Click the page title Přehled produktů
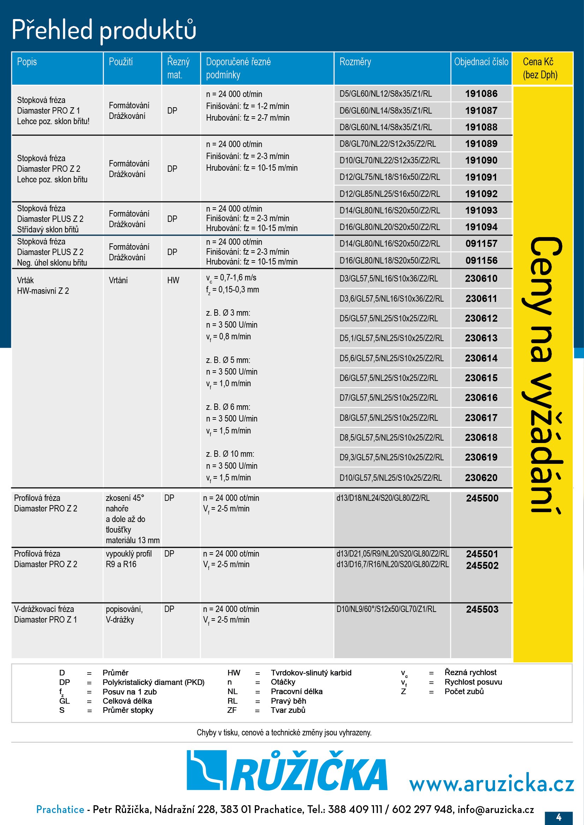pos(104,30)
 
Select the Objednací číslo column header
pos(481,62)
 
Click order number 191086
pos(481,94)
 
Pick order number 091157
pos(481,244)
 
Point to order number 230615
pos(481,378)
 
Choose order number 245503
pos(482,609)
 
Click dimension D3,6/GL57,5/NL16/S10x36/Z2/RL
pos(391,299)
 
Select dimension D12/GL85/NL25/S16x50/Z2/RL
pos(389,194)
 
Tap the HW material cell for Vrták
pos(173,280)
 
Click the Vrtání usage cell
pos(118,280)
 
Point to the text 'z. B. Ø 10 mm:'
pos(230,454)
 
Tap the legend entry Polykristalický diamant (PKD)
pos(154,682)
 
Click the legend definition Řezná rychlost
pos(470,672)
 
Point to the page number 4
pos(559,817)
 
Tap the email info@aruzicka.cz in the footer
pos(495,809)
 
